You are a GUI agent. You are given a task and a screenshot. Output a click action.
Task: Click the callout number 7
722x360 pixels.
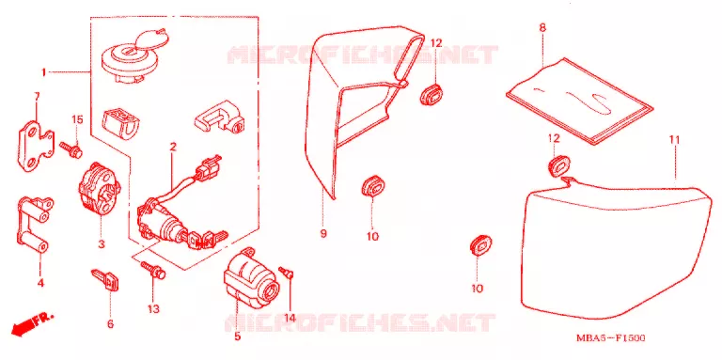pos(38,97)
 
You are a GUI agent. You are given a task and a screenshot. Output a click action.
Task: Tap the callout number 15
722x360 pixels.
pos(77,119)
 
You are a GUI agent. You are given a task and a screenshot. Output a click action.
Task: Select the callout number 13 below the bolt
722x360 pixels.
pos(153,308)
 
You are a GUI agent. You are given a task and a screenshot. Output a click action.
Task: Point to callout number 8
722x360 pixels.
pos(542,27)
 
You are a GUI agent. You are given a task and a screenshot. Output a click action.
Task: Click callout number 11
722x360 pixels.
pos(675,139)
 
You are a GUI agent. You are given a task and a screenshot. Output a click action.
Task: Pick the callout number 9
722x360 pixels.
pos(323,233)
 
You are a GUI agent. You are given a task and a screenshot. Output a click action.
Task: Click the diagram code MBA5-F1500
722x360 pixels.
pos(610,338)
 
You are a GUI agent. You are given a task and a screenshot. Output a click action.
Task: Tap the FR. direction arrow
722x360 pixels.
pos(32,322)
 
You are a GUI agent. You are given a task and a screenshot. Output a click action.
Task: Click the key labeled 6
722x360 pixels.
pos(105,279)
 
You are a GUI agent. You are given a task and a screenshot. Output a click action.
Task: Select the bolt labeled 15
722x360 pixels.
pos(71,149)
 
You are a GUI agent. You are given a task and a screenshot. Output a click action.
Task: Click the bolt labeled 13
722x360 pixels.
pos(154,270)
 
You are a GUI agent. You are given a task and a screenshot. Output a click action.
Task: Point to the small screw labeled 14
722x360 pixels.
pos(287,272)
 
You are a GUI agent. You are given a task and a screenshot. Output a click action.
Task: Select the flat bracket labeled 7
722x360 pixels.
pos(36,145)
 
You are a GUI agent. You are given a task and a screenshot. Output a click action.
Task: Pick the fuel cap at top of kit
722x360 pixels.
pos(132,56)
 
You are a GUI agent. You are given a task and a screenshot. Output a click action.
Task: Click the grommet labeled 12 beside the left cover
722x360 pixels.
pos(431,93)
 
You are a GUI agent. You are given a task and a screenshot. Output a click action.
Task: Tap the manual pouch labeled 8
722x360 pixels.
pos(579,101)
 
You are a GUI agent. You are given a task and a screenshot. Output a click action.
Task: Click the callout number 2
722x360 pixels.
pos(173,148)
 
